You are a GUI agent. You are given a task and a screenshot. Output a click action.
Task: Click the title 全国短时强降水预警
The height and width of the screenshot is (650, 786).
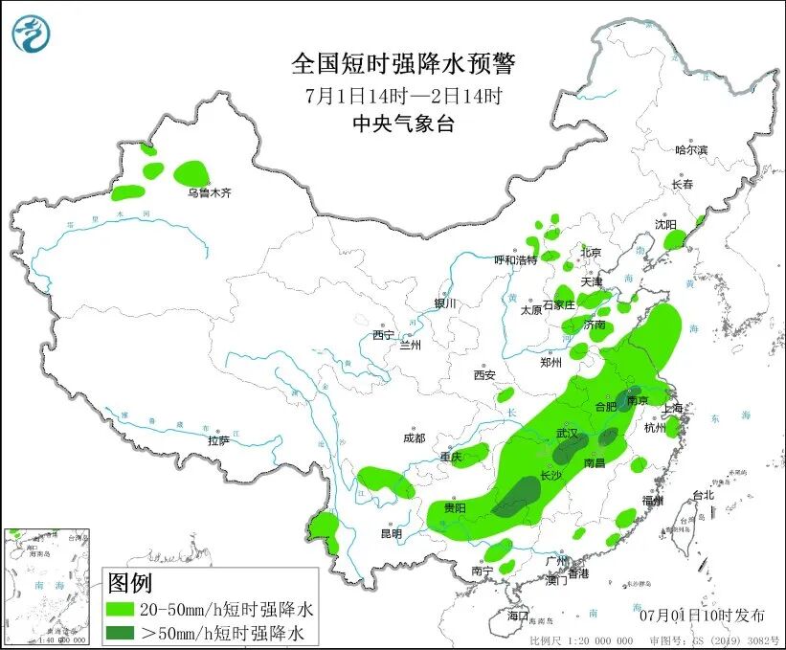point(403,64)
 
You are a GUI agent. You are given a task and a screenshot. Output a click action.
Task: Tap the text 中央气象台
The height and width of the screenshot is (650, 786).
point(403,123)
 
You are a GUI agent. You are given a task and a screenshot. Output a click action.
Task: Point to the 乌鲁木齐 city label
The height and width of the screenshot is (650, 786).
point(209,192)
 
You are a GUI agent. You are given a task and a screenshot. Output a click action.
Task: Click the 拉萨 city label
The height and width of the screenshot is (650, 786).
point(218,440)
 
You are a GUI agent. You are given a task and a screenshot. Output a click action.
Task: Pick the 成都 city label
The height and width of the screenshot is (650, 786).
point(414,437)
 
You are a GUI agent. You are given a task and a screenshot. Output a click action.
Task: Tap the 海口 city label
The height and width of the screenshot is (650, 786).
point(518,614)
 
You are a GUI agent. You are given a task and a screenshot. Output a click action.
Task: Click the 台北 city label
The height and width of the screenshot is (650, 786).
point(703,495)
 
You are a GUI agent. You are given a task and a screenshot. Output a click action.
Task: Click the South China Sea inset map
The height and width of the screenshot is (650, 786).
point(47,585)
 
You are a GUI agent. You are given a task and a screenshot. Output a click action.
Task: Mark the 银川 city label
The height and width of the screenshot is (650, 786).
point(446,303)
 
